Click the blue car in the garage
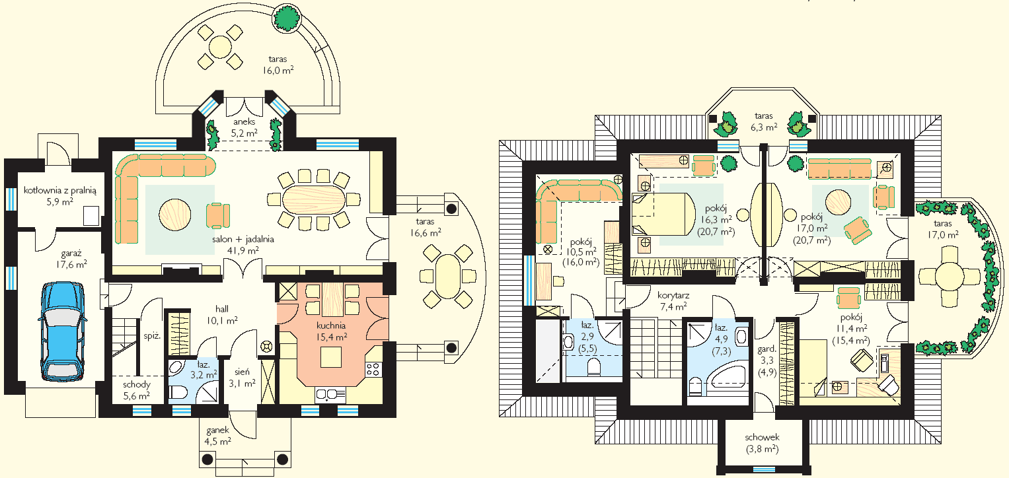62,331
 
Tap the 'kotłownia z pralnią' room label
60,190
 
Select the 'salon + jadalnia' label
243,239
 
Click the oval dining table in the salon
313,199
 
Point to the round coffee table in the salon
174,215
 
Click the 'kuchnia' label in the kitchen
331,325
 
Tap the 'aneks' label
244,121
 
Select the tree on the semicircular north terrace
287,17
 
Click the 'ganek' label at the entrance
218,430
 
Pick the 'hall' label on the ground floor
221,309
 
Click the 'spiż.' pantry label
152,336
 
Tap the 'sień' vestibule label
242,372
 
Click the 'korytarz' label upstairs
673,296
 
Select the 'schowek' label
762,437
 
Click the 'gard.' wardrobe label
766,349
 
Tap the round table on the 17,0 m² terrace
950,276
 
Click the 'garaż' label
71,254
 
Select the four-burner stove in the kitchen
373,370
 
